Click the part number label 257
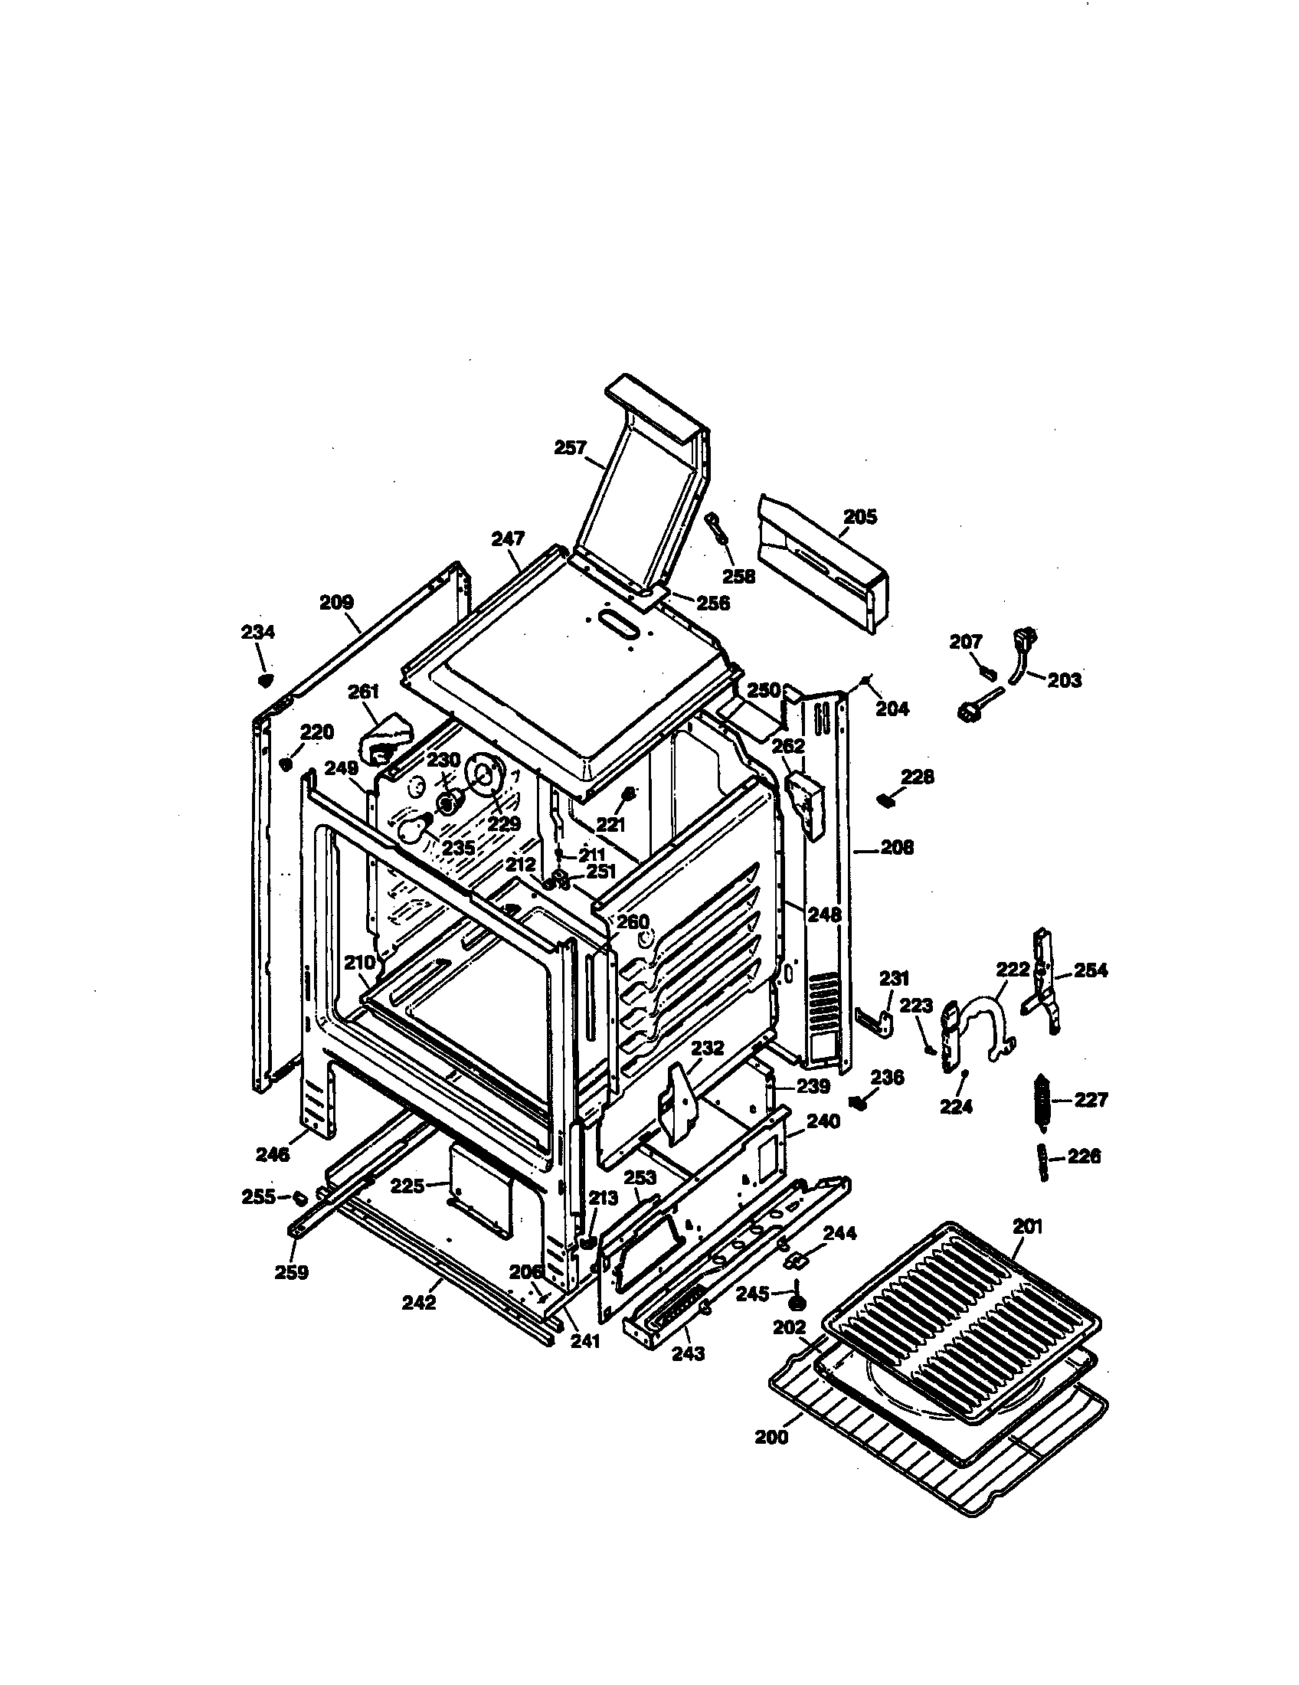pyautogui.click(x=571, y=447)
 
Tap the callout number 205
pyautogui.click(x=859, y=517)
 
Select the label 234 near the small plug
pyautogui.click(x=257, y=632)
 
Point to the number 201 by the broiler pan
pyautogui.click(x=1027, y=1226)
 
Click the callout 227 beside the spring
pyautogui.click(x=1091, y=1099)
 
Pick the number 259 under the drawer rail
pyautogui.click(x=292, y=1272)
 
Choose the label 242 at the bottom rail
pyautogui.click(x=419, y=1302)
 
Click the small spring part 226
pyautogui.click(x=1042, y=1160)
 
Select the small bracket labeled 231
pyautogui.click(x=873, y=1021)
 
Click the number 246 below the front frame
pyautogui.click(x=273, y=1154)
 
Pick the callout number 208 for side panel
pyautogui.click(x=896, y=847)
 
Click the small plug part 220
pyautogui.click(x=285, y=764)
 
